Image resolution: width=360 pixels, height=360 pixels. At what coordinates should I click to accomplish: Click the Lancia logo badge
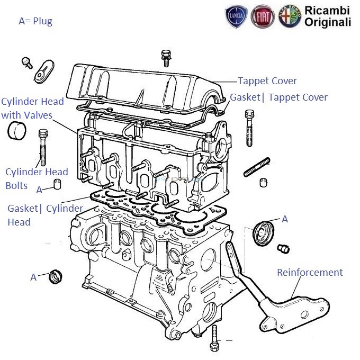coord(237,17)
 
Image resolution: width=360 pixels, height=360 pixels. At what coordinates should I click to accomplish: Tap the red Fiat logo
coord(262,17)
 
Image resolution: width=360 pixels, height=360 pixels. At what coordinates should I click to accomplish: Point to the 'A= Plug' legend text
coord(35,21)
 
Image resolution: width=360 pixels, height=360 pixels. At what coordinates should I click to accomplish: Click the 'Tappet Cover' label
coord(267,81)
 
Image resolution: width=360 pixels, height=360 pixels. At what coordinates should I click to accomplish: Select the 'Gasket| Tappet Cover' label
coord(278,97)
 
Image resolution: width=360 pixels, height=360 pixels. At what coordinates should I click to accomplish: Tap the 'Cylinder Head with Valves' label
coord(32,108)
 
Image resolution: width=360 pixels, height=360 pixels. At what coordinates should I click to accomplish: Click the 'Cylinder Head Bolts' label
coord(37,178)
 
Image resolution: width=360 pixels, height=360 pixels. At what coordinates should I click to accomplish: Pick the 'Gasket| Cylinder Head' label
coord(45,215)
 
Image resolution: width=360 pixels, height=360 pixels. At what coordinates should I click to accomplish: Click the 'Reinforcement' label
coord(310,273)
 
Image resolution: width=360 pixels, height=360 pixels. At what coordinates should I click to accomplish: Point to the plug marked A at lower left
coord(55,276)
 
